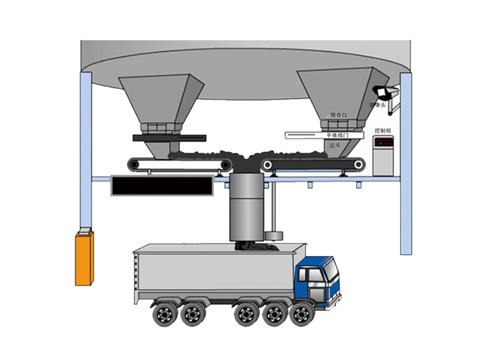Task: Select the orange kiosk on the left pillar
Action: pyautogui.click(x=84, y=258)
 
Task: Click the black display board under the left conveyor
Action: pyautogui.click(x=163, y=186)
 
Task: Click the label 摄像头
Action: pyautogui.click(x=378, y=105)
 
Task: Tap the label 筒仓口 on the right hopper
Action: pyautogui.click(x=339, y=115)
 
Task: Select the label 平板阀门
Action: pyautogui.click(x=338, y=135)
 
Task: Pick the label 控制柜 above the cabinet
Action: pyautogui.click(x=383, y=131)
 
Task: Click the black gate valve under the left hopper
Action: pyautogui.click(x=169, y=138)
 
